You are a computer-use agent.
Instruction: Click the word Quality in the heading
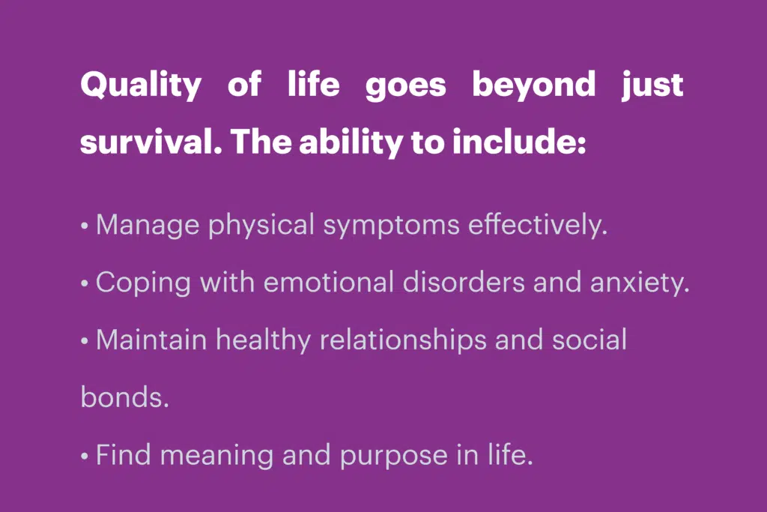coord(141,85)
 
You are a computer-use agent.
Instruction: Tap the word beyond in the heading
coord(533,85)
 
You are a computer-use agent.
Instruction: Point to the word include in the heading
coord(519,142)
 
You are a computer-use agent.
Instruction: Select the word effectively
coord(538,226)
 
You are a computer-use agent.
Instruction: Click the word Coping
coord(143,283)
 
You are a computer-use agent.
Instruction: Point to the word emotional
coord(328,283)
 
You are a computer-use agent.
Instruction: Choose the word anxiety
coord(640,283)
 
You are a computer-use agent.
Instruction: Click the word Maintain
coord(151,340)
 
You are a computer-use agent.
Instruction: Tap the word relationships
coord(403,340)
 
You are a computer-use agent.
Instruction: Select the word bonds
coord(125,397)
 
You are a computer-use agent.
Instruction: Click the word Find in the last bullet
coord(124,455)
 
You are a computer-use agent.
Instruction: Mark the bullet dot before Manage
coord(85,226)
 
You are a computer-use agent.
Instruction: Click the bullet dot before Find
coord(85,457)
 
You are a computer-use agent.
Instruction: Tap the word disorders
coord(463,283)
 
